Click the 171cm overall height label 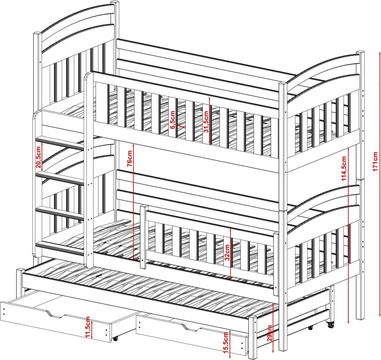tap(375, 161)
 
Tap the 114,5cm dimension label tap(344, 168)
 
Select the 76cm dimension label tap(130, 158)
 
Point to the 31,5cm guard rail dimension tap(206, 121)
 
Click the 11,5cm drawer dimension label tap(88, 327)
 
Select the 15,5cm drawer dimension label tap(226, 342)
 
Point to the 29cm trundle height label tap(269, 333)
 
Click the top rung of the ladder tap(60, 143)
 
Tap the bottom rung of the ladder tap(60, 248)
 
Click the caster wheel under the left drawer tap(115, 338)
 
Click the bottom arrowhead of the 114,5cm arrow tap(349, 322)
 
